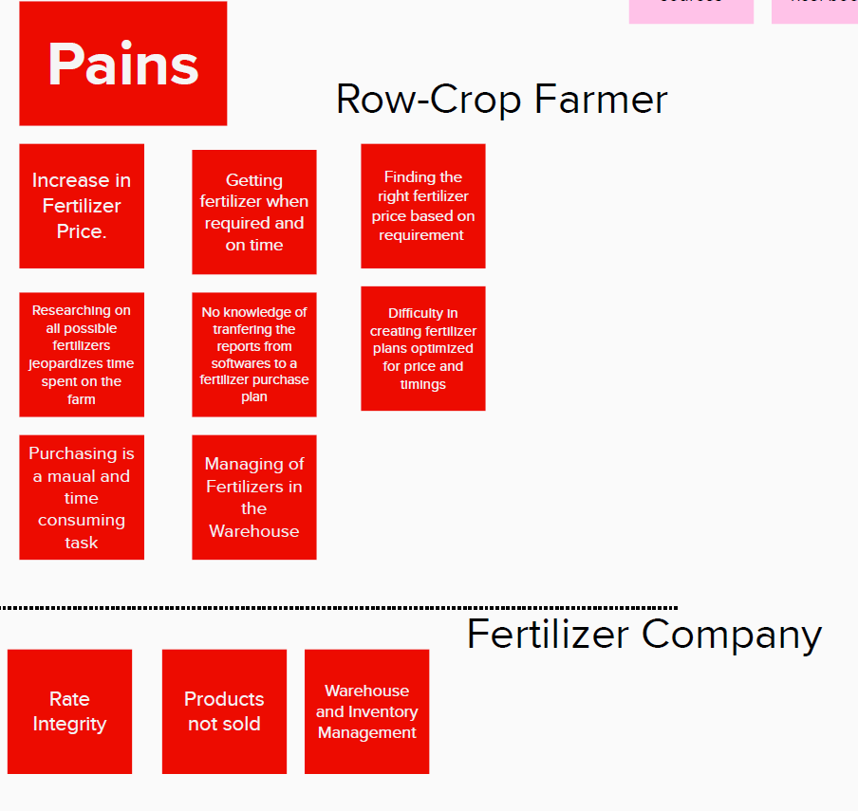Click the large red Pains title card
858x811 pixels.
click(x=123, y=64)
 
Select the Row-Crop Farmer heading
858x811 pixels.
click(x=501, y=100)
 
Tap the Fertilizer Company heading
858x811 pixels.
click(x=643, y=634)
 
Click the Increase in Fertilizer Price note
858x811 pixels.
click(x=82, y=206)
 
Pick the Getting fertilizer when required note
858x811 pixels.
click(x=254, y=212)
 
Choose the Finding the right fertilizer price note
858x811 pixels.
click(x=423, y=206)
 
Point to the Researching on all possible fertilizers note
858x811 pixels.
click(x=82, y=354)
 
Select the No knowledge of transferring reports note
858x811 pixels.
click(x=254, y=354)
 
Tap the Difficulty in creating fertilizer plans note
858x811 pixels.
click(x=423, y=348)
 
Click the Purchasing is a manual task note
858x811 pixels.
click(x=82, y=497)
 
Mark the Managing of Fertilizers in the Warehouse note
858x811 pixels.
click(x=254, y=497)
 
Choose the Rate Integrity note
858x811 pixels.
click(x=69, y=711)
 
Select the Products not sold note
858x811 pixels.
click(x=224, y=711)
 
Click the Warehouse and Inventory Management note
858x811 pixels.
click(x=366, y=711)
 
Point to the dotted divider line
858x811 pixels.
click(x=338, y=607)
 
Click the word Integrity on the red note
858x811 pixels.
click(x=69, y=724)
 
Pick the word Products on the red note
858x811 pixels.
click(x=224, y=699)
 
